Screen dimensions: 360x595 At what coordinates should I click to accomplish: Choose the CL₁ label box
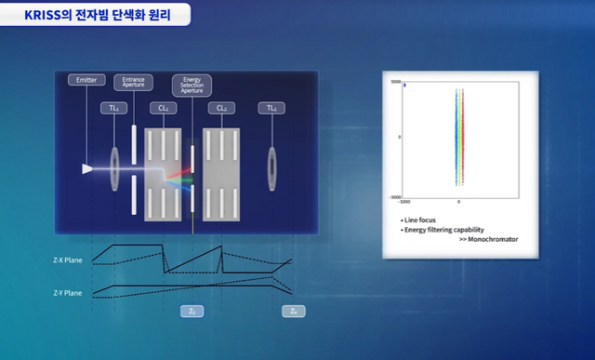164,109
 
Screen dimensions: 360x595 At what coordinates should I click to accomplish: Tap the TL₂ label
272,109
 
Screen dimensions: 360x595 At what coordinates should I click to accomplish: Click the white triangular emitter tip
87,169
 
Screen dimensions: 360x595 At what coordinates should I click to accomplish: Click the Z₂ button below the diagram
191,312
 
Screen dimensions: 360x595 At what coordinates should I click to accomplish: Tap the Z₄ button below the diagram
293,312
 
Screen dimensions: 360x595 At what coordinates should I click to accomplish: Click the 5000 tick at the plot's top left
395,82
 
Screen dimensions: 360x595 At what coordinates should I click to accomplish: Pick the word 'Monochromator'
492,239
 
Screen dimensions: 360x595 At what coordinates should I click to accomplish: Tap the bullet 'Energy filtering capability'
444,229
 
